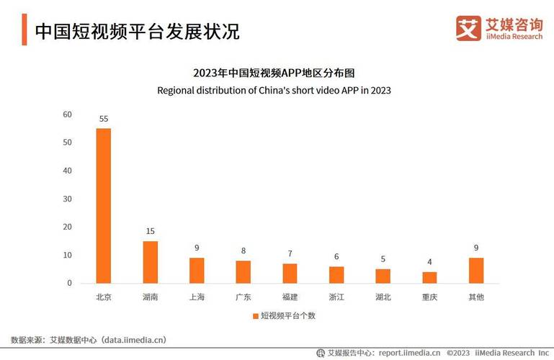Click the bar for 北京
coord(103,206)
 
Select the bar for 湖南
coord(150,262)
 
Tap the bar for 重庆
coord(429,277)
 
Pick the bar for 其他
coord(476,271)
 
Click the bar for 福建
coord(290,274)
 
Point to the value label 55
coord(103,119)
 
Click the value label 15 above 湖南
coord(150,231)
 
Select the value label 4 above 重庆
coord(429,262)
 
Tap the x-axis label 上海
coord(196,297)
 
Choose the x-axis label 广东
coord(243,297)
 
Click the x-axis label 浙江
coord(336,297)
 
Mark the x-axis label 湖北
coord(383,297)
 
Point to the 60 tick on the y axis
coord(68,114)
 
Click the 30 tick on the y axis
coord(68,199)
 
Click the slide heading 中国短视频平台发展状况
coord(137,32)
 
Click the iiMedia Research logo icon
coord(468,28)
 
